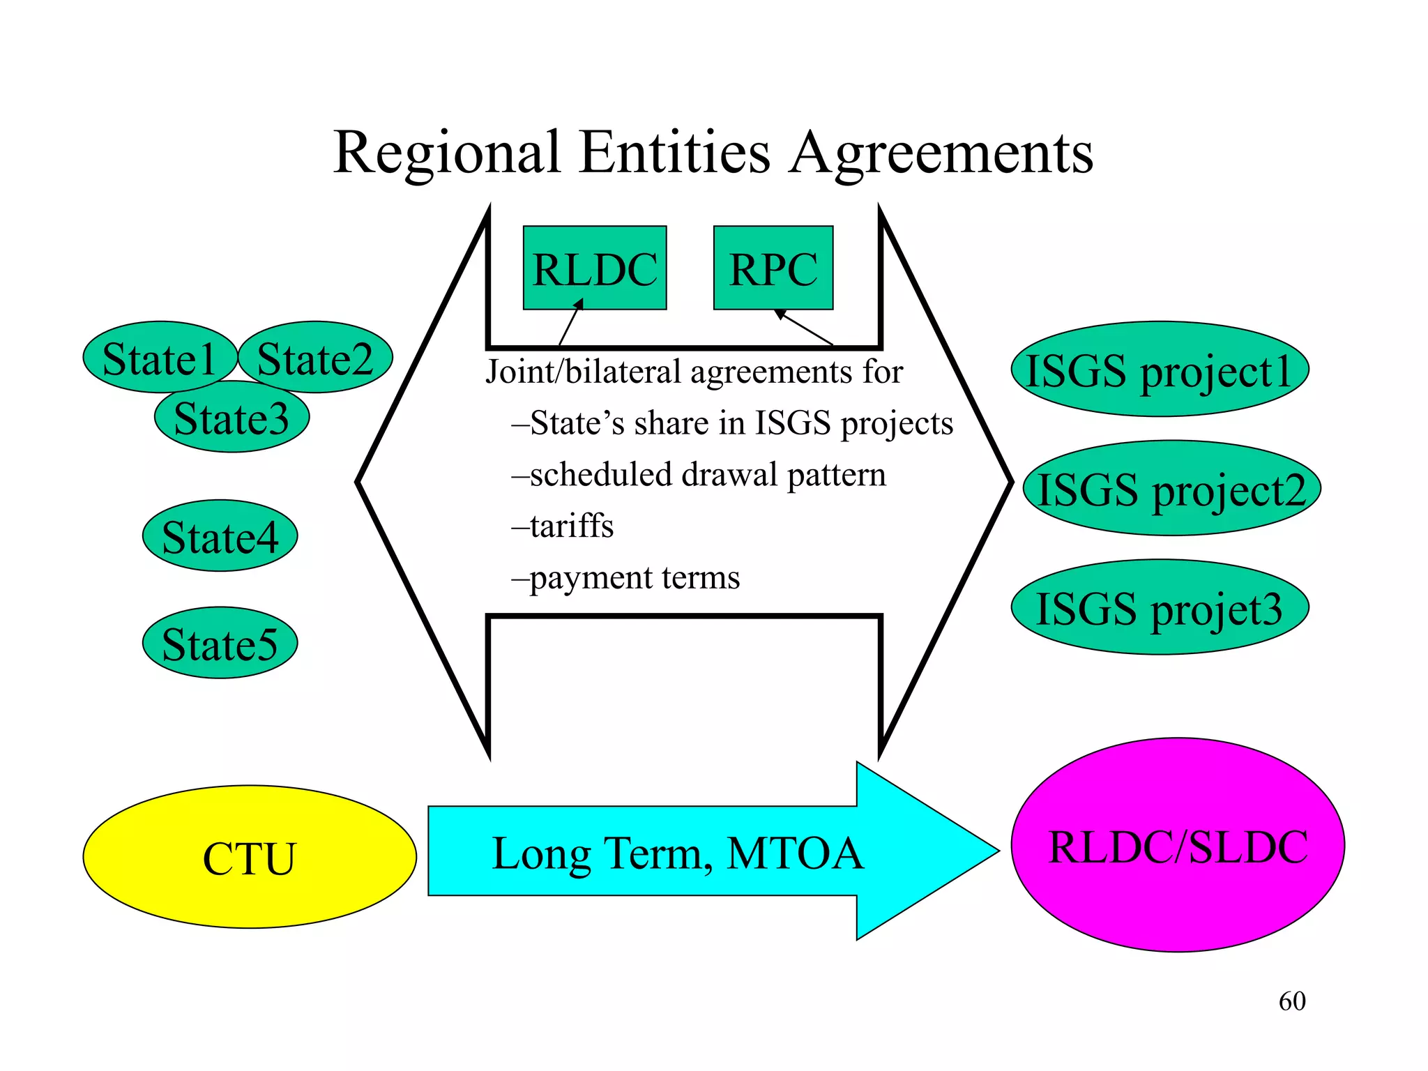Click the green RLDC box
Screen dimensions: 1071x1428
pyautogui.click(x=595, y=268)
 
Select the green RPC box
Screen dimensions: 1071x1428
pyautogui.click(x=773, y=268)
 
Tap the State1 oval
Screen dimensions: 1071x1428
pyautogui.click(x=159, y=358)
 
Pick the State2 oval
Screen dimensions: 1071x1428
pyautogui.click(x=315, y=358)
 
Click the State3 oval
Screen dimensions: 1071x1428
pyautogui.click(x=231, y=418)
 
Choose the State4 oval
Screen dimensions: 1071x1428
pyautogui.click(x=220, y=536)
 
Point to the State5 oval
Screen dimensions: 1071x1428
pyautogui.click(x=220, y=643)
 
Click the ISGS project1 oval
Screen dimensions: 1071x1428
pyautogui.click(x=1160, y=370)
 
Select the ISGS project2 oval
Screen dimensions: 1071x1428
pyautogui.click(x=1172, y=489)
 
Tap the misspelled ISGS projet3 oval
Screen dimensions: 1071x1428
pyautogui.click(x=1160, y=607)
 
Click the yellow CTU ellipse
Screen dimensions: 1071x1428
pyautogui.click(x=250, y=857)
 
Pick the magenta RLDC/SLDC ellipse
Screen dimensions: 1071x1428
pyautogui.click(x=1178, y=845)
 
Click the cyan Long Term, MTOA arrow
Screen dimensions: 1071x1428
pyautogui.click(x=676, y=851)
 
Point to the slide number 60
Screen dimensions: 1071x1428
pyautogui.click(x=1292, y=1001)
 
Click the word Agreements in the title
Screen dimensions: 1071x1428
pyautogui.click(x=941, y=153)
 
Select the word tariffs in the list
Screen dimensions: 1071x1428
pyautogui.click(x=571, y=526)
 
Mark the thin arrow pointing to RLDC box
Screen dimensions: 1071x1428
pyautogui.click(x=570, y=323)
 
